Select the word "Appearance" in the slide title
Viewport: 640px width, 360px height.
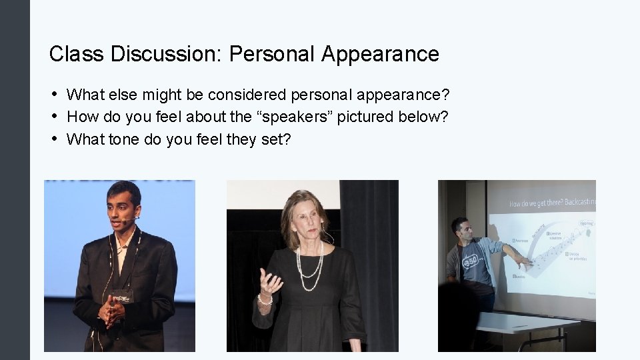[380, 54]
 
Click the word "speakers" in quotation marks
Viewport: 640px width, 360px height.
[299, 117]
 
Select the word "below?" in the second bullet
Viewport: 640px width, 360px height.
[423, 117]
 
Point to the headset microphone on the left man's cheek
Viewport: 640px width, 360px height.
[132, 217]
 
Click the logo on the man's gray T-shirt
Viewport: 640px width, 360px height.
[469, 263]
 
